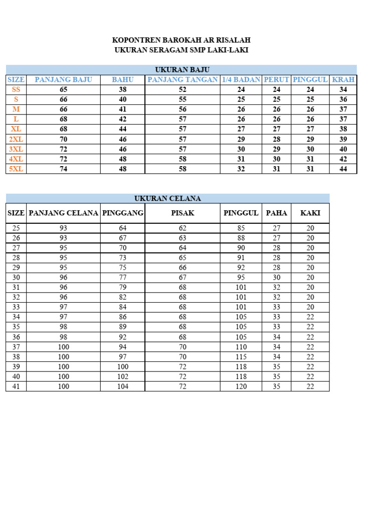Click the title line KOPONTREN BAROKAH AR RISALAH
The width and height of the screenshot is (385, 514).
[181, 40]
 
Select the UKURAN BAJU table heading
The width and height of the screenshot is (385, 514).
[181, 69]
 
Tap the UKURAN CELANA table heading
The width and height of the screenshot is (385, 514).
[167, 198]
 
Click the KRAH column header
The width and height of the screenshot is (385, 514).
[343, 79]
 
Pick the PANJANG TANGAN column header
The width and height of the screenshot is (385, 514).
[182, 79]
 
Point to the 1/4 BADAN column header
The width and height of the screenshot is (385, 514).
[241, 79]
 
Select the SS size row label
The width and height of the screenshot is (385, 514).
[16, 89]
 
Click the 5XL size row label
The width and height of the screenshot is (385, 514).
[16, 169]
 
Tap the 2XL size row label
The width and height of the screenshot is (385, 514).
[16, 139]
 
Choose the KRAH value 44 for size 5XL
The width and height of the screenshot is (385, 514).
[343, 169]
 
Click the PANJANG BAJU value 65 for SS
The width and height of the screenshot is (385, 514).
[63, 89]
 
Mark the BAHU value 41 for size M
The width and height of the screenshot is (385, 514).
[123, 109]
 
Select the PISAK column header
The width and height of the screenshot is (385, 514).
[182, 213]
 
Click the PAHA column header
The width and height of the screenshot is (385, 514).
[277, 213]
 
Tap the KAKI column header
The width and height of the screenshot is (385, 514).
[310, 213]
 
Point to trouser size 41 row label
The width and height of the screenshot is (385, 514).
[16, 387]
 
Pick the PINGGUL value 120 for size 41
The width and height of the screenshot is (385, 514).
[241, 387]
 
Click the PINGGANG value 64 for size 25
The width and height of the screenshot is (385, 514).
[123, 228]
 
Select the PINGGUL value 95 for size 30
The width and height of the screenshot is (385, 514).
[241, 278]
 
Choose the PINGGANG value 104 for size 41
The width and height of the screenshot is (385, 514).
[123, 387]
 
